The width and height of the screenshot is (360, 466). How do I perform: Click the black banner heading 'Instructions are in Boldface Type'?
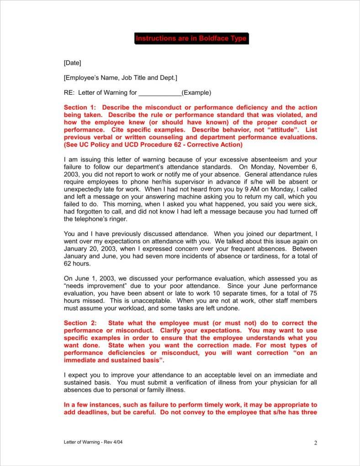pos(191,38)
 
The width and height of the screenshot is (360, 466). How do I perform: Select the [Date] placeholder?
pos(72,63)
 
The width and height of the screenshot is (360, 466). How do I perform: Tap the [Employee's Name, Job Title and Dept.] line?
pos(121,78)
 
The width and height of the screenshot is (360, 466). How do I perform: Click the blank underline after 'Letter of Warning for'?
pos(160,93)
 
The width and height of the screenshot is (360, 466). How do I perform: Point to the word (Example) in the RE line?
pos(196,92)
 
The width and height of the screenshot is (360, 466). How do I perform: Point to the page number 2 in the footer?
pos(315,443)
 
